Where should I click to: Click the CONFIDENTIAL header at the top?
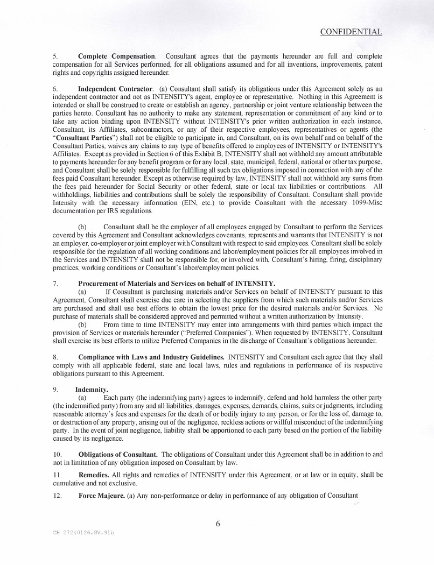click(351, 32)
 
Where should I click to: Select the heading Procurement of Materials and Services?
click(177, 283)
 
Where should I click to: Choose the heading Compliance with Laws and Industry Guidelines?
click(151, 357)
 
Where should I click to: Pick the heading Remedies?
click(93, 475)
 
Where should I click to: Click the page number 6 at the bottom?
click(218, 524)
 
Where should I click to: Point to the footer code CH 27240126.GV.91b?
click(83, 532)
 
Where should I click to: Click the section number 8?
click(55, 357)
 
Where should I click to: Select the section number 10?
click(57, 455)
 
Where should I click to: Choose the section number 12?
click(57, 495)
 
